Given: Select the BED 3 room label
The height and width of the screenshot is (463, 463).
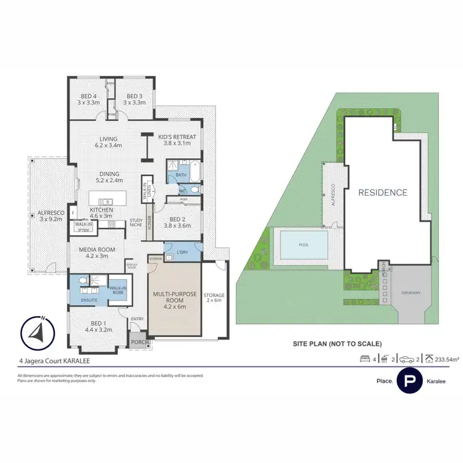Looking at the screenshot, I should (x=135, y=99).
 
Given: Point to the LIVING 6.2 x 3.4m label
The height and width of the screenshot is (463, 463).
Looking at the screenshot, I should (x=108, y=142).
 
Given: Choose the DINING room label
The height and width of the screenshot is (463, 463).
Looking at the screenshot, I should (x=109, y=177).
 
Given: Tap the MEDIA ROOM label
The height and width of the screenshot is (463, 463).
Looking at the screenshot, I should (x=94, y=252).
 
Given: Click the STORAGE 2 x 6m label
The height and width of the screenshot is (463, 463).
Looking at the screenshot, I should (x=214, y=299).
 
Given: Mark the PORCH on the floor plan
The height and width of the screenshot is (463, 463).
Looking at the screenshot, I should (x=136, y=341).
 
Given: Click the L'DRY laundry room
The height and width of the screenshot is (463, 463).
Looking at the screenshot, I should (x=182, y=252).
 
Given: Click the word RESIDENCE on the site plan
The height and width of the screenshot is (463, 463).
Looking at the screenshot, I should (x=383, y=193).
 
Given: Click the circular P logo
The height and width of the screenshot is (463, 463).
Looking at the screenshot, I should (x=409, y=381).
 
